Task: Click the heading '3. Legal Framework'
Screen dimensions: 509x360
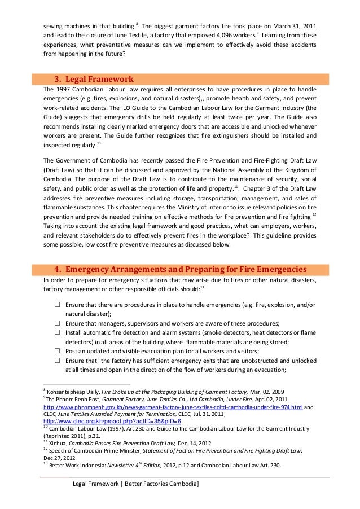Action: [x=93, y=78]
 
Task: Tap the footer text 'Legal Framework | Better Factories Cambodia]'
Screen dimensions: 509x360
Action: [x=135, y=485]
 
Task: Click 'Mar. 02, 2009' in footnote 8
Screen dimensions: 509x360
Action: [x=269, y=392]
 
